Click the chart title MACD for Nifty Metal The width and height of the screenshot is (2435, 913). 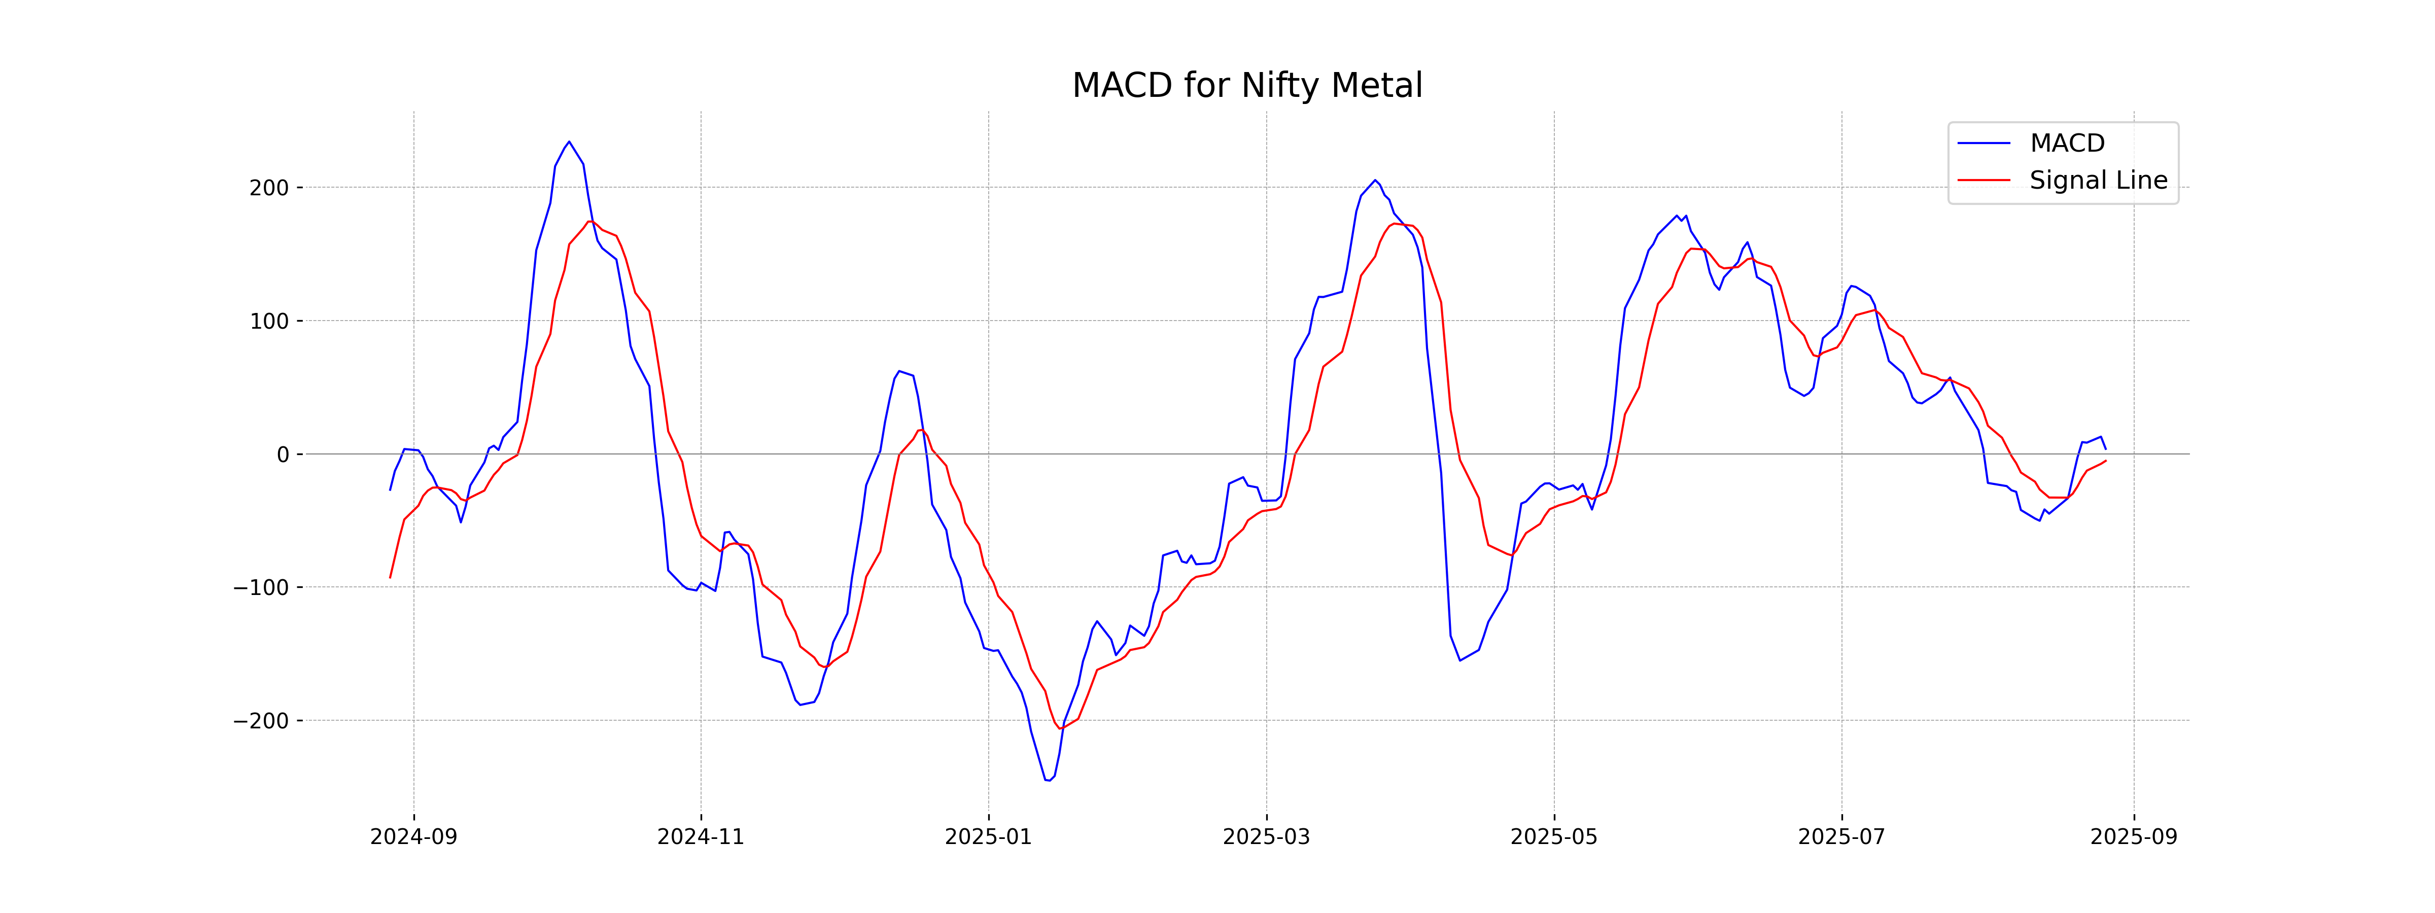1247,86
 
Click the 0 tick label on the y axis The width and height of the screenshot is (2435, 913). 283,454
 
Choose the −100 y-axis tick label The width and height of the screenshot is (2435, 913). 261,588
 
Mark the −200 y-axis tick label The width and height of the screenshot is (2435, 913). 261,721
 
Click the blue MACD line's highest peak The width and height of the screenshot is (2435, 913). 569,142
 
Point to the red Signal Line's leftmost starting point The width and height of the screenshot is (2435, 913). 391,578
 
